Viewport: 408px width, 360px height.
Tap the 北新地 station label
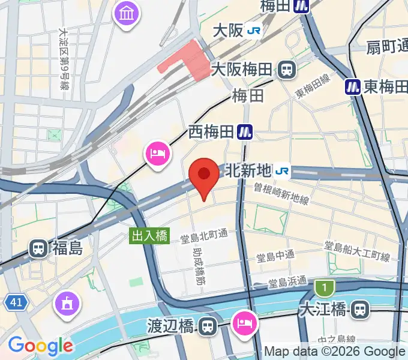pos(248,172)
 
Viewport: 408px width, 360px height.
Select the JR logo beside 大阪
pos(253,30)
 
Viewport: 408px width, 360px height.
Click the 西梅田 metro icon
pos(244,131)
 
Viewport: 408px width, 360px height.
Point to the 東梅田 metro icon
pos(352,87)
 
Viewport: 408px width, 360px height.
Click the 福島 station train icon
pos(38,247)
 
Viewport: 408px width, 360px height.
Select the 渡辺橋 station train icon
pos(207,326)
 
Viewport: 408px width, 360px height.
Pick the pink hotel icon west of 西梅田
pos(157,154)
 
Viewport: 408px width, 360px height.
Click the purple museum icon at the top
pos(127,13)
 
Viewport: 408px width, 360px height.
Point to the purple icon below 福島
pos(66,303)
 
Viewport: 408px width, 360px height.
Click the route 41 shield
pos(16,304)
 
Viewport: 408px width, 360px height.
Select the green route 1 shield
pos(325,289)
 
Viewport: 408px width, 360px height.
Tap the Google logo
pos(40,346)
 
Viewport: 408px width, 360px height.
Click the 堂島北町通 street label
pos(205,238)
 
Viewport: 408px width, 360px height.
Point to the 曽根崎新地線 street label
pos(281,194)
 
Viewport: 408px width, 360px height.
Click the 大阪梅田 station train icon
pos(287,70)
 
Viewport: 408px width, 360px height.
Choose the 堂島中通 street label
pos(275,256)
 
